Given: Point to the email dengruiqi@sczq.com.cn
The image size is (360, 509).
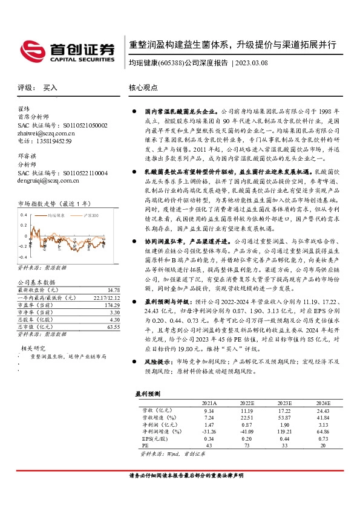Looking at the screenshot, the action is tap(48, 180).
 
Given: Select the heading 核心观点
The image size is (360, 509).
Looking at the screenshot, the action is tap(143, 88).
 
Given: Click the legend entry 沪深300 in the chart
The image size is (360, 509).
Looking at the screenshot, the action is tap(93, 215).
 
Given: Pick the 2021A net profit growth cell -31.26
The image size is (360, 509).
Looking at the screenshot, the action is tap(209, 432).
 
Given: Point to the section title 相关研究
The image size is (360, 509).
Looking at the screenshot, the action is tap(33, 348).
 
